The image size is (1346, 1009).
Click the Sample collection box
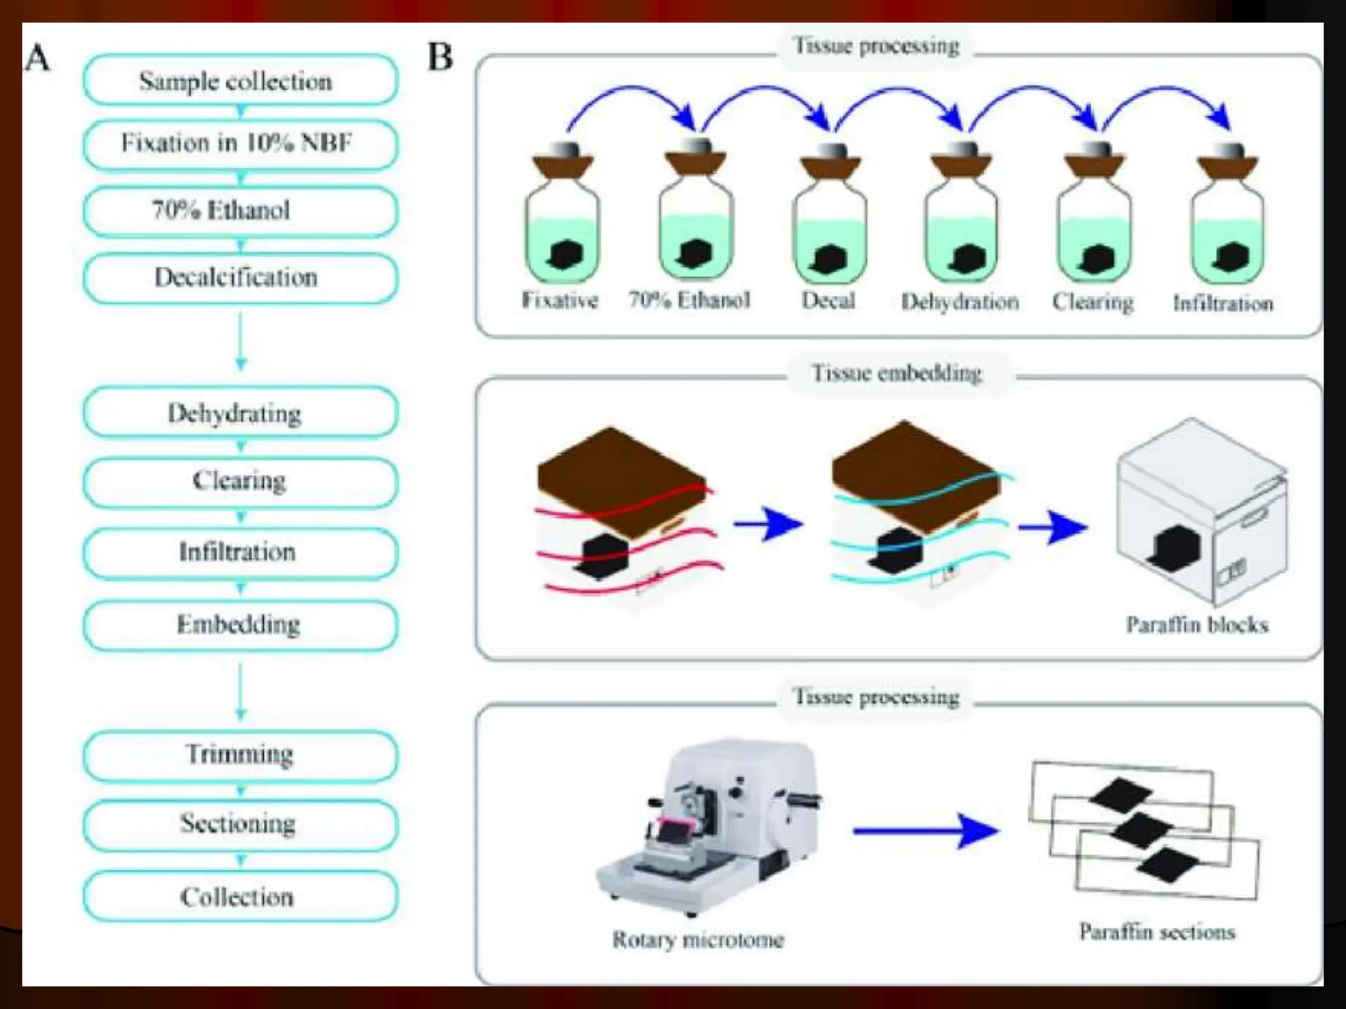[x=240, y=80]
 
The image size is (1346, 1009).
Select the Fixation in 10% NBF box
[x=240, y=144]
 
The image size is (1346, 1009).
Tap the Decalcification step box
[x=240, y=278]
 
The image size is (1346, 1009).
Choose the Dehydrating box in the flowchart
[x=240, y=413]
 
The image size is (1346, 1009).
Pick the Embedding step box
[x=240, y=624]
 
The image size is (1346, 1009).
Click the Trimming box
[x=240, y=754]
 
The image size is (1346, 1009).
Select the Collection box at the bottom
[x=240, y=897]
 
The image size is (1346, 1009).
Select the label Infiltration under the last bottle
[x=1223, y=303]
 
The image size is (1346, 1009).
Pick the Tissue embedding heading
[x=897, y=373]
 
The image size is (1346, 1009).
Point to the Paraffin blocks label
[x=1197, y=624]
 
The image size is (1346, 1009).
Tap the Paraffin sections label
[x=1157, y=931]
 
